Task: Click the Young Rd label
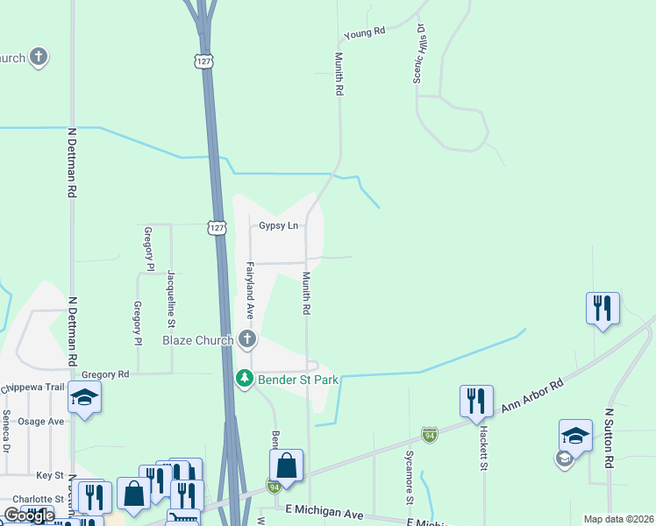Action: (365, 32)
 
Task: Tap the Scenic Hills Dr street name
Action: (420, 54)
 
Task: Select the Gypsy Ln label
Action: (278, 225)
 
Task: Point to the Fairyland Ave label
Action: (250, 289)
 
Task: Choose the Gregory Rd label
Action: (105, 373)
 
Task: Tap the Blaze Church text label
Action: (197, 340)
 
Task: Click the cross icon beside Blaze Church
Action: (247, 339)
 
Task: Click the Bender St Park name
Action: (291, 380)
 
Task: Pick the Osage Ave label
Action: (44, 421)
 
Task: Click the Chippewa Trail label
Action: (32, 387)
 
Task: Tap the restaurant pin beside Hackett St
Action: (476, 401)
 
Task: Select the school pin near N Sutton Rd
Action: (575, 436)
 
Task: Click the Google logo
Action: (29, 515)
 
